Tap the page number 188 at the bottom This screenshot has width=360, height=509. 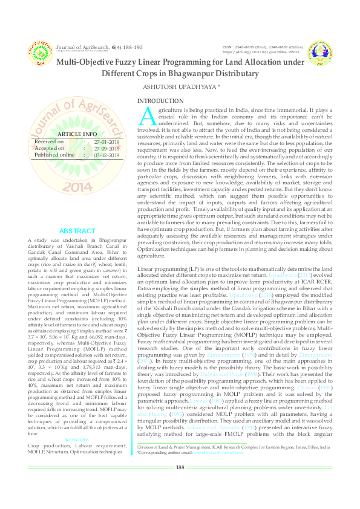pos(180,484)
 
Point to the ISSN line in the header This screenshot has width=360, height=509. pos(262,46)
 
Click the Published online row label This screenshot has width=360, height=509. pos(55,155)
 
